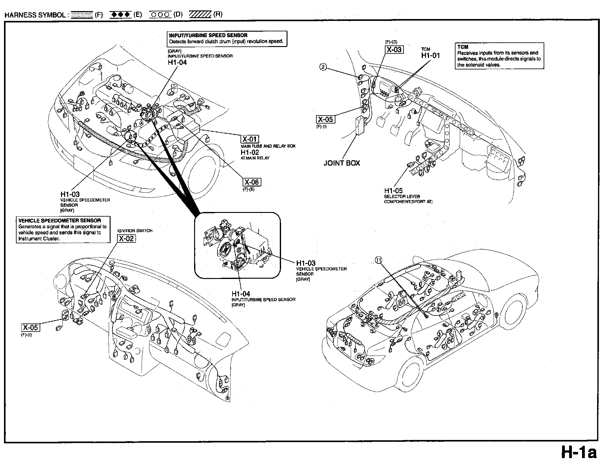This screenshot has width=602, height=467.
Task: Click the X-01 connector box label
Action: click(250, 139)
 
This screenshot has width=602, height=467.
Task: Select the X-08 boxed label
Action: click(252, 182)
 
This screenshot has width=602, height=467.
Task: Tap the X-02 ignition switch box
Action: click(127, 239)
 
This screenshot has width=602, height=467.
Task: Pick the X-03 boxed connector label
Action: click(394, 50)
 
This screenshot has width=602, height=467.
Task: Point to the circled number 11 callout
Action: click(379, 260)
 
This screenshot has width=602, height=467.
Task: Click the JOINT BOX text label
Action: click(342, 163)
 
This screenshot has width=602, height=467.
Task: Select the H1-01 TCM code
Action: click(430, 56)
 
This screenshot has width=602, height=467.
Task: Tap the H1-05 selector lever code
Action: click(393, 191)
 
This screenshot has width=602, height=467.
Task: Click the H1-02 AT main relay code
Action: click(250, 152)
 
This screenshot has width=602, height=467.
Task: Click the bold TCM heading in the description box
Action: click(463, 47)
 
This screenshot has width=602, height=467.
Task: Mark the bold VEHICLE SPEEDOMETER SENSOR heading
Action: click(60, 221)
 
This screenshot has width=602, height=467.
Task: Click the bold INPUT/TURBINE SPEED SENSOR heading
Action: click(208, 35)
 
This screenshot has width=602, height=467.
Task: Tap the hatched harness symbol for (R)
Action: click(200, 14)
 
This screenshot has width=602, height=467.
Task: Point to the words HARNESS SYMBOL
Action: click(35, 15)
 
